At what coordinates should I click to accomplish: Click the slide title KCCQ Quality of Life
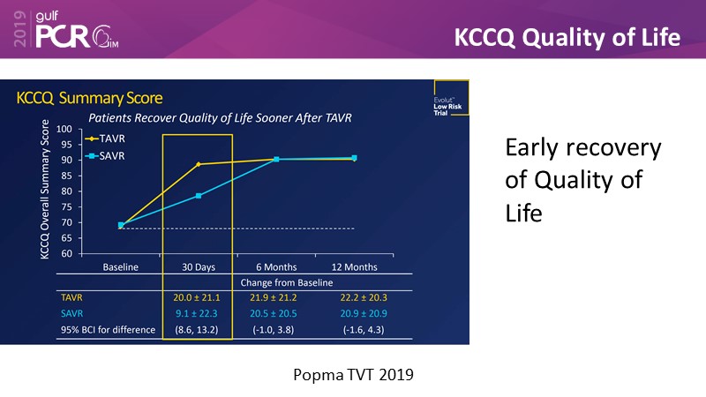567,37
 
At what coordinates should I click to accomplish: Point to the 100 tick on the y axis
64,129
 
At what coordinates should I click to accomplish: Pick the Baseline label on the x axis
121,266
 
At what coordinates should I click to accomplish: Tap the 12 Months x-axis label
354,266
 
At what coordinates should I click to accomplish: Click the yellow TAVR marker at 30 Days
199,164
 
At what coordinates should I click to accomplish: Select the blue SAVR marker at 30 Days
199,195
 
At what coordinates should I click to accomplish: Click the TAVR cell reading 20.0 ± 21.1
199,298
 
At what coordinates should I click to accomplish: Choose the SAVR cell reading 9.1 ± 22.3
199,314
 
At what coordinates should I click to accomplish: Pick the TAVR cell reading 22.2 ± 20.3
354,298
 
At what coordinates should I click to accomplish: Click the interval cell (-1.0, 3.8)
276,330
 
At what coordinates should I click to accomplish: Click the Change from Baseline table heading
276,282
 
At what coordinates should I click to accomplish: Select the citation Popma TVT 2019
353,373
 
